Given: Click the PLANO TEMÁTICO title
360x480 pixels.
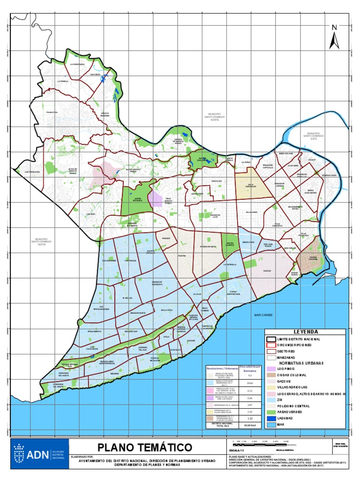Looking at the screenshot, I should point(144,446).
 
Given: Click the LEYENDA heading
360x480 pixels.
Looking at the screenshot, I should point(306,331).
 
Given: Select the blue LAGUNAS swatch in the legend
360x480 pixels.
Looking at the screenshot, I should point(270,418).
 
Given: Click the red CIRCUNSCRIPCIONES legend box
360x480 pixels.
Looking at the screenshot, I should point(270,345).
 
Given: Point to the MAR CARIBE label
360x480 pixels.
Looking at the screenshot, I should point(263,315).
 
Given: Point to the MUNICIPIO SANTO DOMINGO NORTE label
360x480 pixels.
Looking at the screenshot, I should point(215,117).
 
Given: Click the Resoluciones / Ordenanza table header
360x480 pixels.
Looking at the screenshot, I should point(222,368).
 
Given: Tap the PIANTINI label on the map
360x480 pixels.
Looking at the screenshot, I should point(182,256).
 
